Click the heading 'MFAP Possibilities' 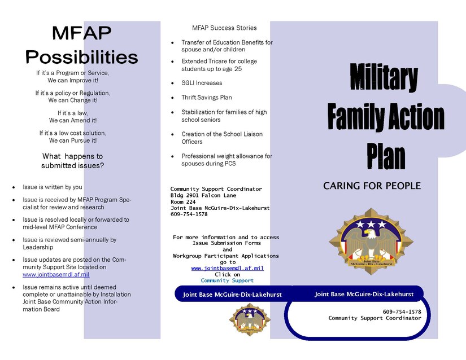(81, 45)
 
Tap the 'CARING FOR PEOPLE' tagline (372, 186)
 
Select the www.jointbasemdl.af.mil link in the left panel (56, 275)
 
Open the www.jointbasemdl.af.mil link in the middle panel (227, 268)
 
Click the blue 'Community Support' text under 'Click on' (227, 280)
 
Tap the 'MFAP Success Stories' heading (224, 28)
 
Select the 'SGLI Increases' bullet (202, 83)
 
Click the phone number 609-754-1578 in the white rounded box (402, 311)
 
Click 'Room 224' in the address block (183, 201)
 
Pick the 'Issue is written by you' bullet (53, 187)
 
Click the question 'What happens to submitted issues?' (72, 161)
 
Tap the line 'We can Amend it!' (72, 120)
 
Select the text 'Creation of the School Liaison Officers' (221, 138)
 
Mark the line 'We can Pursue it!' (72, 141)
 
